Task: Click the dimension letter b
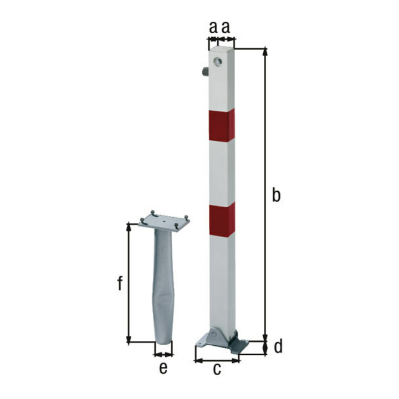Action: click(276, 195)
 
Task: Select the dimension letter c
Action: click(217, 369)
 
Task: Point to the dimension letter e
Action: click(163, 367)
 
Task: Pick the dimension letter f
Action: click(120, 283)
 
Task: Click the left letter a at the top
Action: click(213, 28)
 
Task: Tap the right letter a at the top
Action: click(226, 28)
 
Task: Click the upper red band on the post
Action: click(222, 125)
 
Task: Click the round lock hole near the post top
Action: click(218, 62)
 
